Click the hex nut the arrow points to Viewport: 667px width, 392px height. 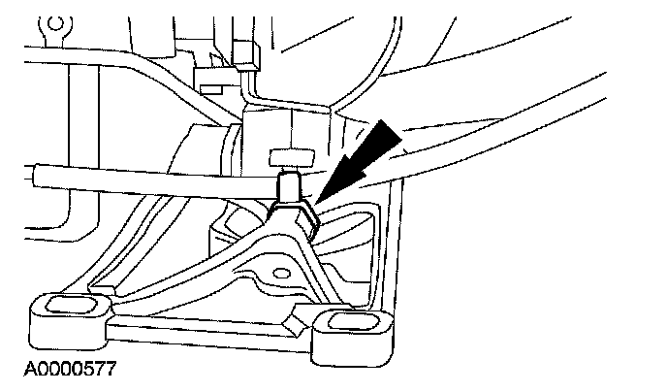(293, 215)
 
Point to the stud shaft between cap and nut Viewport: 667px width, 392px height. (289, 185)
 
